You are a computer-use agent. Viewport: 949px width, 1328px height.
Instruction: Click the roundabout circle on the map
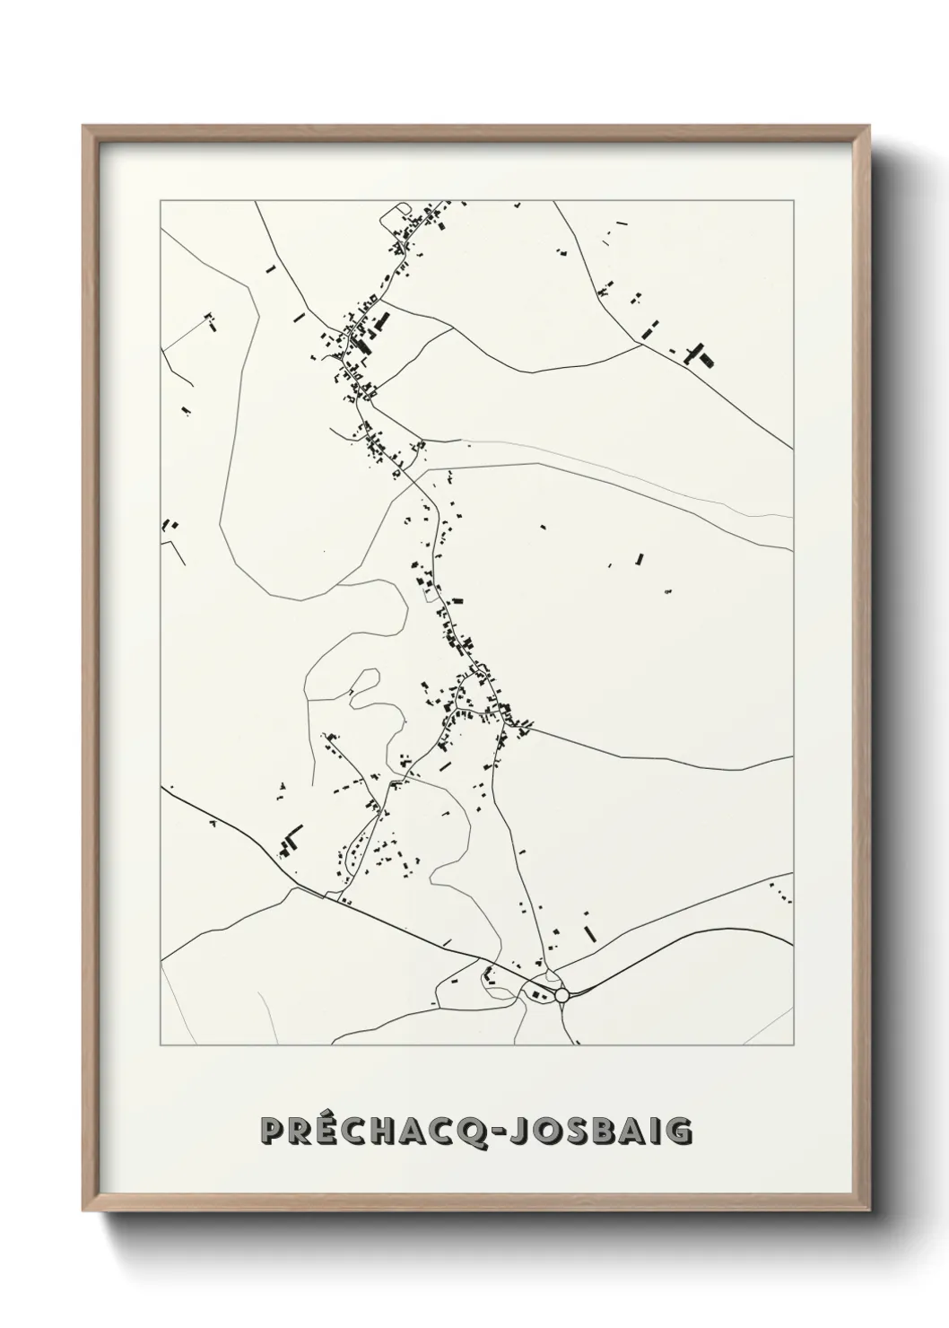coord(562,995)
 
